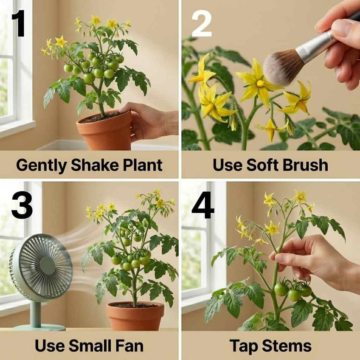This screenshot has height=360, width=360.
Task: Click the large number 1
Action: tap(19, 24)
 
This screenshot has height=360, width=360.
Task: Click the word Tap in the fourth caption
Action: tap(242, 346)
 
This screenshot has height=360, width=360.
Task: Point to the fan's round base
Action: tap(39, 327)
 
